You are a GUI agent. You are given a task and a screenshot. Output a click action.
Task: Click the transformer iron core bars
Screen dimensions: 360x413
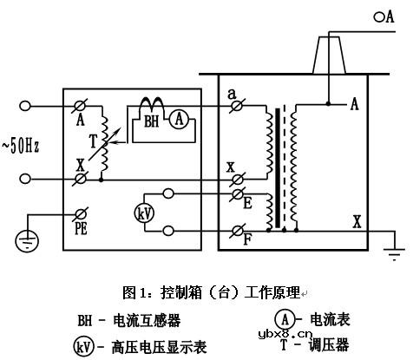point(279,169)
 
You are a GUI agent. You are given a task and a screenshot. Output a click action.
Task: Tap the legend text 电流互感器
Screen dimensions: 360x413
point(147,321)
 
